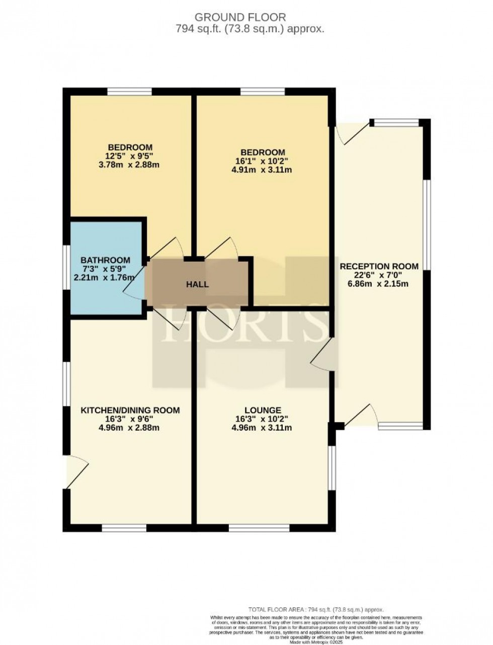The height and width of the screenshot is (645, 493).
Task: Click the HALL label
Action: click(x=197, y=285)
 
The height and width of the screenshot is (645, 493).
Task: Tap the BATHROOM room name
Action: click(x=105, y=260)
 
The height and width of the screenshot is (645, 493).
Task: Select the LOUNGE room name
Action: click(x=263, y=411)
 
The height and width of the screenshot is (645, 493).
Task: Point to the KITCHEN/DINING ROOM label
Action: click(x=130, y=411)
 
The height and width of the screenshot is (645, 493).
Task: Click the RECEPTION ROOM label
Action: click(x=379, y=266)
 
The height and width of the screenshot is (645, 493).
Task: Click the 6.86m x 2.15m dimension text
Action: click(x=379, y=283)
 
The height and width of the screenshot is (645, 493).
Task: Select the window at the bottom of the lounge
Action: click(x=260, y=528)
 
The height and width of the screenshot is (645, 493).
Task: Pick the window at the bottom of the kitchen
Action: click(x=124, y=528)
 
